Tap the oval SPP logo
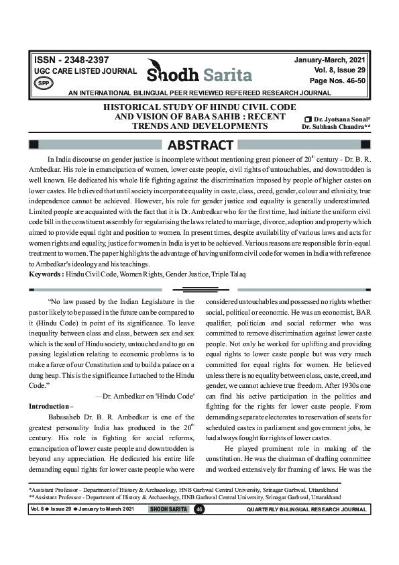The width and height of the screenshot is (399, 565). coord(41,83)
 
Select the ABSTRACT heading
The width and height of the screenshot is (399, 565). coord(200,145)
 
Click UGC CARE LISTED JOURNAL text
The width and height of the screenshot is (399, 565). coord(85,70)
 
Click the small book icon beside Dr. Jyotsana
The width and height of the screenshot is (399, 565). coord(308,117)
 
